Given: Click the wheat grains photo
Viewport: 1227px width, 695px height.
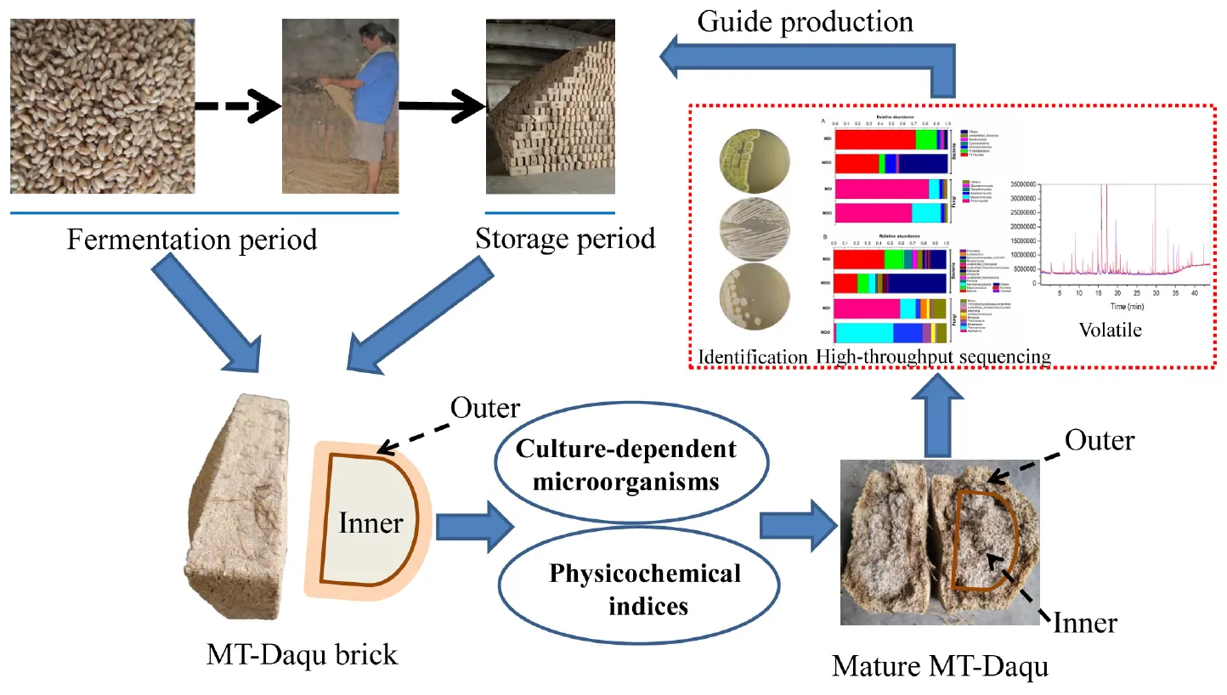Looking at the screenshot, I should point(102,107).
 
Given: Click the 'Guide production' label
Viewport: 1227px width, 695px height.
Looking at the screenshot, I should point(805,20).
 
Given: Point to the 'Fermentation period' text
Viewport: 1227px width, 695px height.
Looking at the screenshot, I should point(192,239).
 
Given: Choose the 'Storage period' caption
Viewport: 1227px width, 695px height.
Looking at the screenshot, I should point(565,239).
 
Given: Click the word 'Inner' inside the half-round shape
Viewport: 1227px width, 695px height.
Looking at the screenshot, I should point(370,522).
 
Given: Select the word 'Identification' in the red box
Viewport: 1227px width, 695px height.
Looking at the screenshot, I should point(753,357).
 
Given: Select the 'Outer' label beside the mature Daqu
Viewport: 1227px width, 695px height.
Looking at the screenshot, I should point(1100,441).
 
